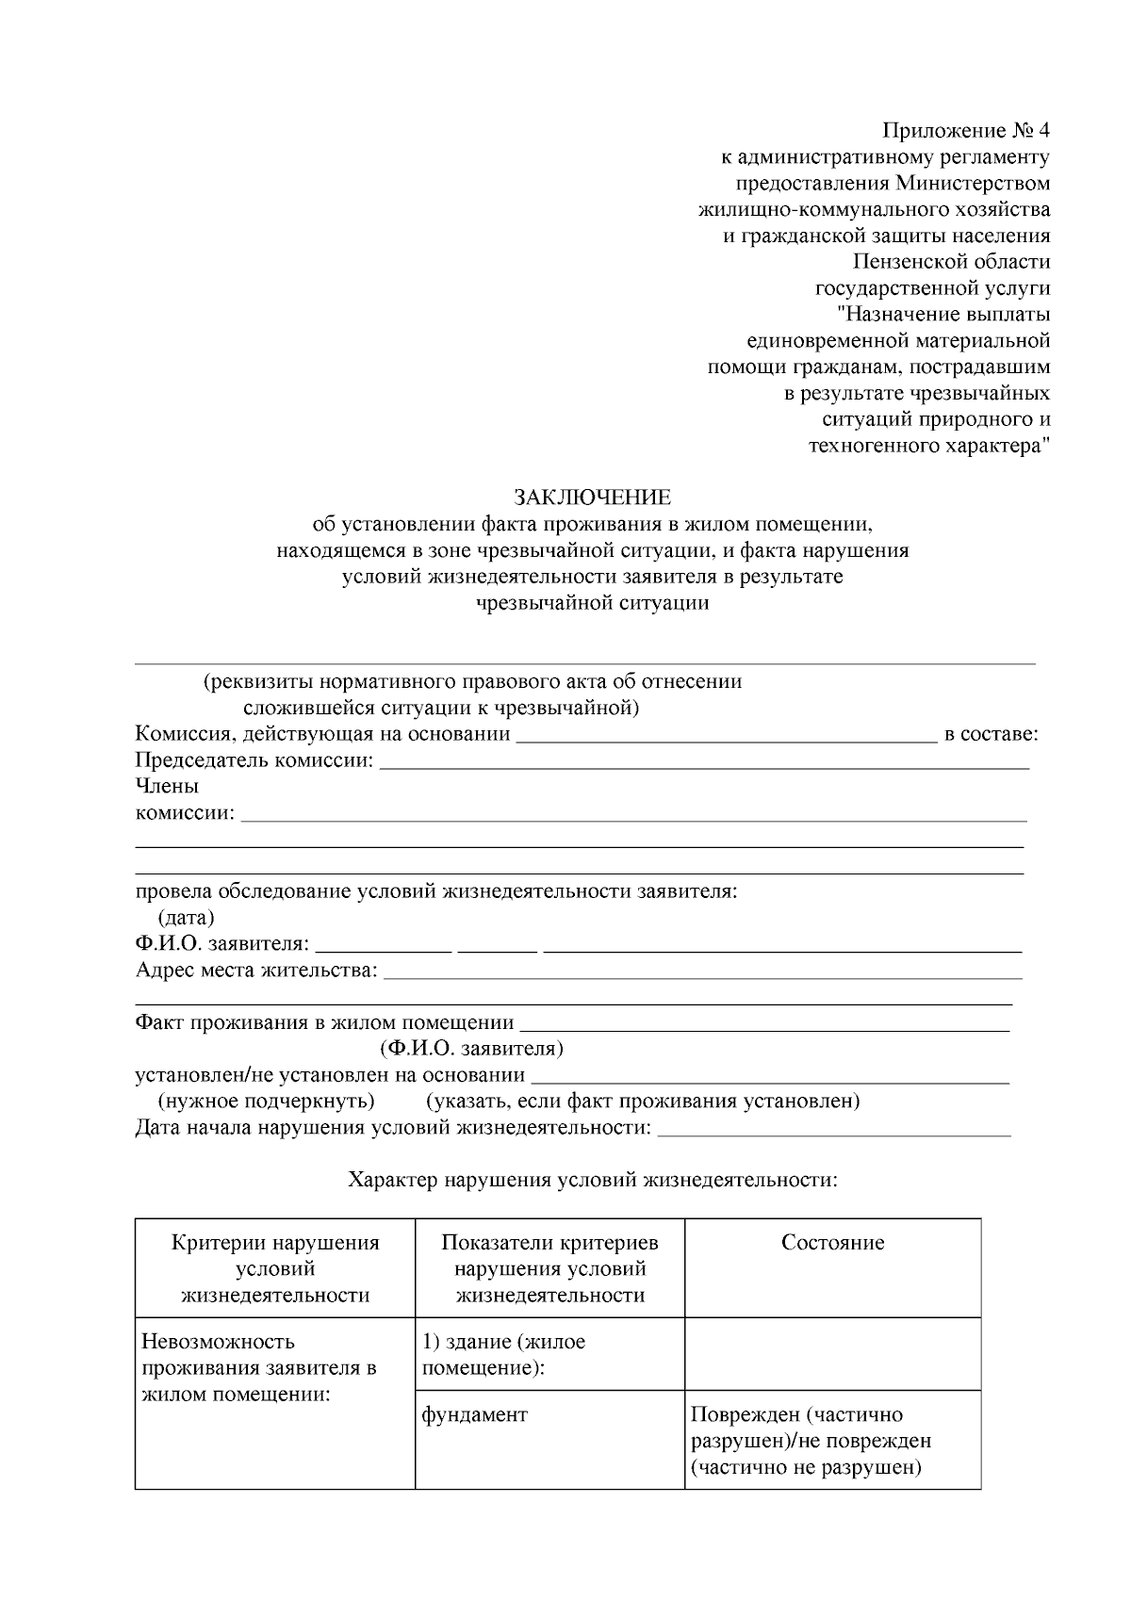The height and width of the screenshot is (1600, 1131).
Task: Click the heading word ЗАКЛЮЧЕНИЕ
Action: [x=592, y=497]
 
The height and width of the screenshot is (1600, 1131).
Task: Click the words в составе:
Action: [x=990, y=734]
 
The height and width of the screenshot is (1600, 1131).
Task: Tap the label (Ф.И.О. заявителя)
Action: [x=472, y=1048]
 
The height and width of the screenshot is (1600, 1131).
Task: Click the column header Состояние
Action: [x=832, y=1242]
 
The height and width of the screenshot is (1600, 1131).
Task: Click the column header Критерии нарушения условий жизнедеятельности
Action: [x=275, y=1268]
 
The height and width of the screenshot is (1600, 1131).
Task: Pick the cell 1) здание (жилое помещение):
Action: [x=503, y=1354]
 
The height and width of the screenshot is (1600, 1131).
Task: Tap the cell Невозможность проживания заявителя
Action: [x=258, y=1367]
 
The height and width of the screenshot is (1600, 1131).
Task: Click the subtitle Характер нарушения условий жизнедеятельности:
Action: [x=592, y=1180]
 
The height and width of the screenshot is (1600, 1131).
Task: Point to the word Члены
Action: [x=167, y=786]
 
